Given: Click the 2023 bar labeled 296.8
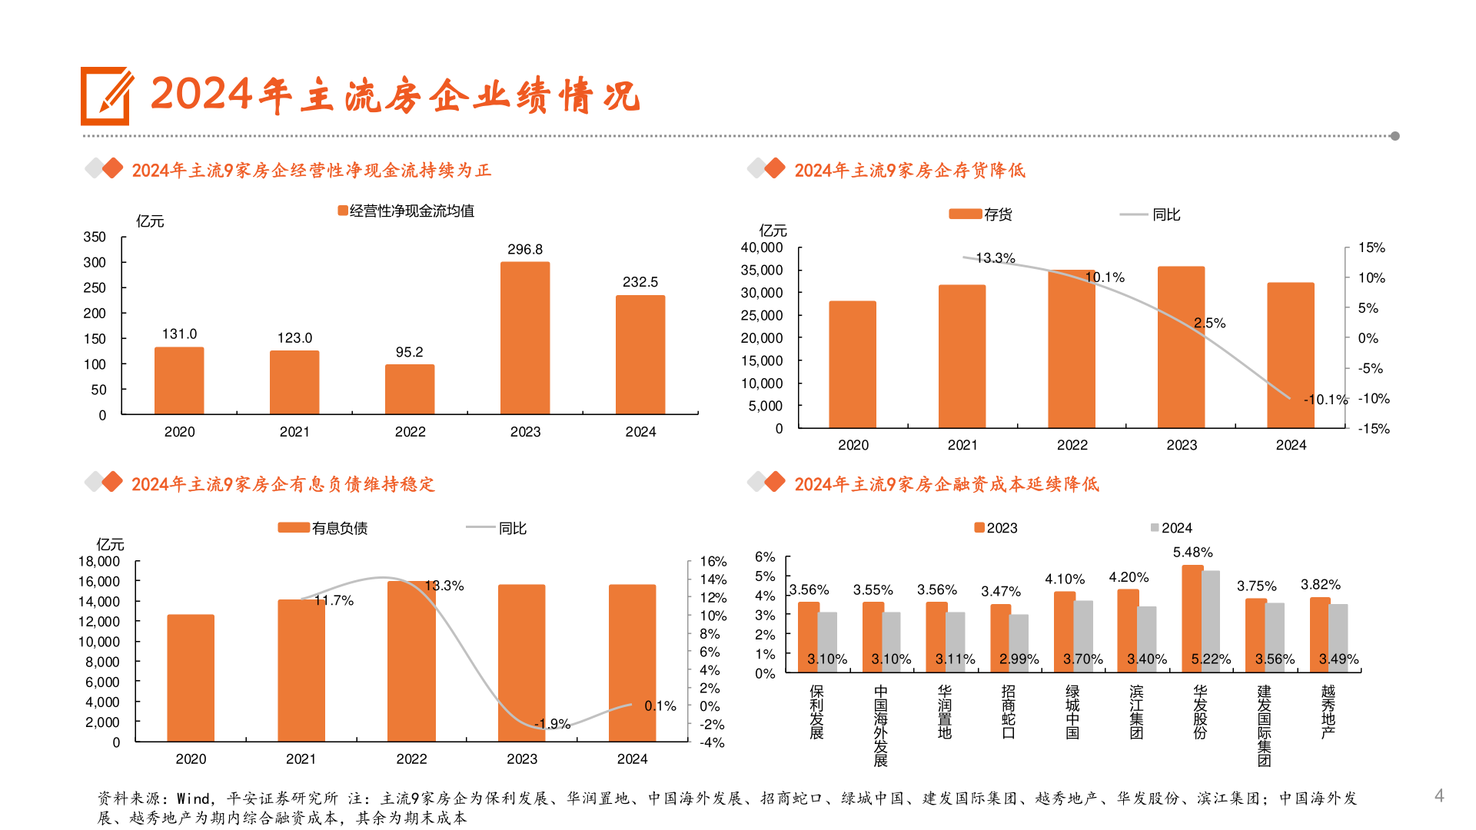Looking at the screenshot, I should coord(525,338).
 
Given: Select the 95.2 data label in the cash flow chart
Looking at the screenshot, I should coord(409,352).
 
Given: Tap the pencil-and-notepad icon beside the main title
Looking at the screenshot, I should coord(107,96).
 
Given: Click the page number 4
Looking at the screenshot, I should coord(1439,795).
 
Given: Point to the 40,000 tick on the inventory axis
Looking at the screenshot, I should coord(761,247).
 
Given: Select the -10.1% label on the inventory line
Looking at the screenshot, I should coord(1325,400).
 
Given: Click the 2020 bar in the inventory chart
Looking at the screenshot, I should coord(853,364).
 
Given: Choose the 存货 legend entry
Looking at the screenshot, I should coord(980,214).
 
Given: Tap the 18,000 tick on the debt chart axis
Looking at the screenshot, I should coord(99,562).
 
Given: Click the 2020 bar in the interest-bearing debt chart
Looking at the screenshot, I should coord(191,678).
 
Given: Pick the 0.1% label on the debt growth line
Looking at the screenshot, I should coord(660,705).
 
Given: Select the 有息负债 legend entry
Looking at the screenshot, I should coord(323,528).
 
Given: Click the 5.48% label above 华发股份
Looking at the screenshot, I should coord(1192,553).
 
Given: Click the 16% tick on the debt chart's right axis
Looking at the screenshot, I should coord(713,562).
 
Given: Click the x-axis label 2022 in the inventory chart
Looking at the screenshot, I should coord(1072,445).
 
